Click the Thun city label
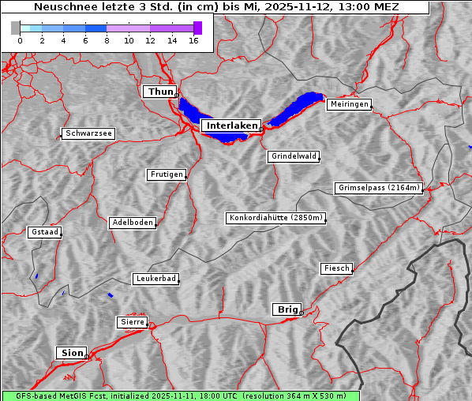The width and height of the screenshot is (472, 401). (x=159, y=92)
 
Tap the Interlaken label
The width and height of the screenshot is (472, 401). (x=230, y=126)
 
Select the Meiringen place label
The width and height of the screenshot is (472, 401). (x=348, y=104)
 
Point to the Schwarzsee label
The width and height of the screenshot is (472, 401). (x=88, y=134)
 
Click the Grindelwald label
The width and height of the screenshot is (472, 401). (x=294, y=156)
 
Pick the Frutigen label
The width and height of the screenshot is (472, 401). (x=166, y=174)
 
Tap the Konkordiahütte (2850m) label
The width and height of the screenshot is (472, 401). (x=275, y=218)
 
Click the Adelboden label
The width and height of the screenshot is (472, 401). (x=132, y=223)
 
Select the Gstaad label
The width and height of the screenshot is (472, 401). (x=44, y=233)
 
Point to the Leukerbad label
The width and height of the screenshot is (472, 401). (x=155, y=279)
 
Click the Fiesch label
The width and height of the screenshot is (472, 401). (x=335, y=268)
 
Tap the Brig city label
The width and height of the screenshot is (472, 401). (x=286, y=309)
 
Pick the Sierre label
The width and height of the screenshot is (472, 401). (x=132, y=322)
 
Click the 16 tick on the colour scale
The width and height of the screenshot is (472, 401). (x=193, y=40)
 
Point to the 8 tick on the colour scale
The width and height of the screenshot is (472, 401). (x=107, y=40)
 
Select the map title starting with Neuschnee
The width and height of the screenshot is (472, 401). (x=215, y=7)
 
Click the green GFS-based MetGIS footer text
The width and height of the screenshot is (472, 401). (x=181, y=395)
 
